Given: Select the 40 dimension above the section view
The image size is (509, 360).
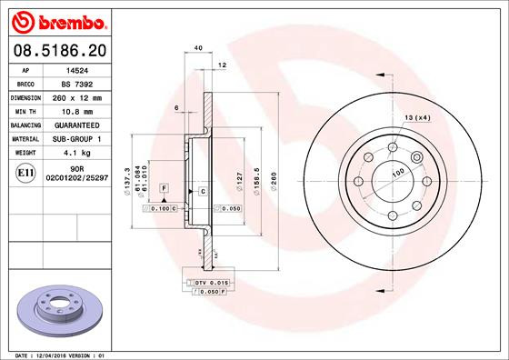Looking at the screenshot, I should pos(197,48).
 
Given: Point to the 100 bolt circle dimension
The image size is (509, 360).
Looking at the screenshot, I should pos(396,172).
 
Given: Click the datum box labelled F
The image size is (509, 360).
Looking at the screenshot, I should pos(164,187).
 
